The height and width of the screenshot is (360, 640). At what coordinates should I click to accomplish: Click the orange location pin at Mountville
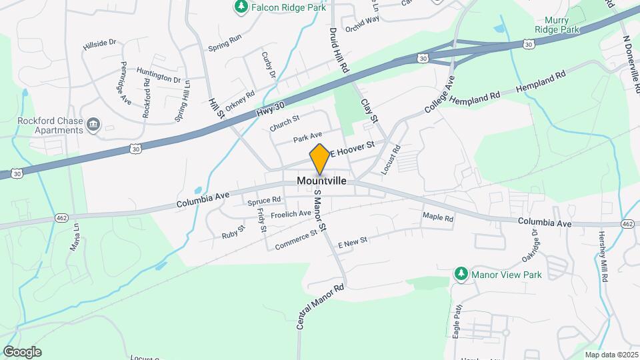click(320, 159)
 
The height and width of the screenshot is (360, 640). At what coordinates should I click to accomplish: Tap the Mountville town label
click(322, 181)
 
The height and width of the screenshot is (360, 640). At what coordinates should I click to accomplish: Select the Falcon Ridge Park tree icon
click(241, 7)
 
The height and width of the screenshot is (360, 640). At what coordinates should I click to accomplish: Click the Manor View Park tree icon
click(461, 274)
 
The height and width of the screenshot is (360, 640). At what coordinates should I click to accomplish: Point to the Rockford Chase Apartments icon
click(93, 124)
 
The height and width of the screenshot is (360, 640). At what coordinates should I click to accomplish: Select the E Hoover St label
click(353, 147)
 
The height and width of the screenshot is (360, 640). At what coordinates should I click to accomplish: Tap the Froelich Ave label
click(291, 214)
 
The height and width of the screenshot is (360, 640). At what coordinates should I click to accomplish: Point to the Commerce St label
click(295, 241)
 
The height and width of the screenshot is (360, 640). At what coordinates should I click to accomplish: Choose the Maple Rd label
click(438, 217)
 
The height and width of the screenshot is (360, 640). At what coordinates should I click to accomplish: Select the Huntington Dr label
click(159, 75)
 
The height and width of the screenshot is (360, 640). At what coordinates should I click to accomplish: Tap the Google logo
click(22, 351)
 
